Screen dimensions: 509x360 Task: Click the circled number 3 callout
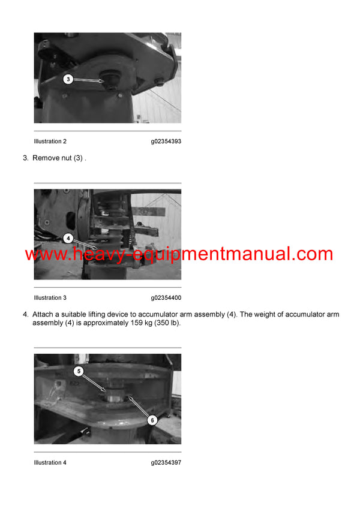(68, 79)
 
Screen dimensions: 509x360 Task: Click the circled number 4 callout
(68, 239)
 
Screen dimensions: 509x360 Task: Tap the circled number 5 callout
(79, 371)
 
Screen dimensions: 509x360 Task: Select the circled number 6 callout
(152, 420)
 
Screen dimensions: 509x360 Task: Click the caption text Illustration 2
(50, 141)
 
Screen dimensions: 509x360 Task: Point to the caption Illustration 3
(50, 298)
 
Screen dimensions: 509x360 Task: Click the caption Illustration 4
(50, 463)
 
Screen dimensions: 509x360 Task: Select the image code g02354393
(166, 141)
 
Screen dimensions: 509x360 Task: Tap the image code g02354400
(166, 298)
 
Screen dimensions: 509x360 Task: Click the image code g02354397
(166, 463)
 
